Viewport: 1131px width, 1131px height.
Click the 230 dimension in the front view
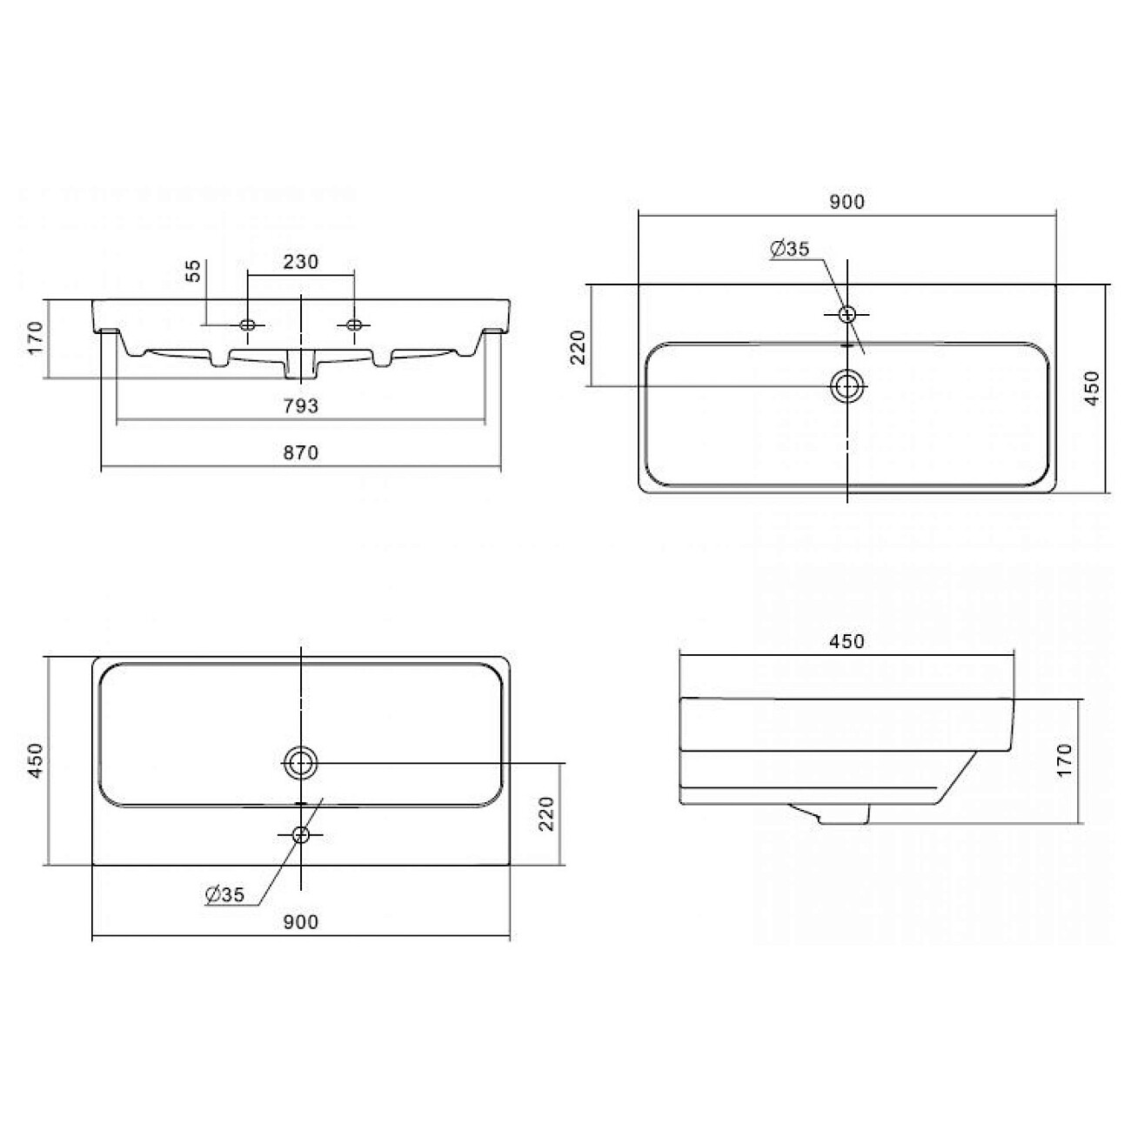(300, 262)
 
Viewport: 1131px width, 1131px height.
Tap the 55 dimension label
(194, 271)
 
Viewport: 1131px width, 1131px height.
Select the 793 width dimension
(301, 405)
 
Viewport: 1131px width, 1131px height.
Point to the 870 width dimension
(301, 452)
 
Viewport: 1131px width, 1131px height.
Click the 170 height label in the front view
(35, 338)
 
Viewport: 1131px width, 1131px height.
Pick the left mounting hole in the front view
(247, 325)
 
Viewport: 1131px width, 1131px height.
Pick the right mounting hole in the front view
(354, 325)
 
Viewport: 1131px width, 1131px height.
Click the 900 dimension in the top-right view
(847, 202)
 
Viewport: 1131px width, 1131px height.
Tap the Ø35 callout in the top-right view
(790, 249)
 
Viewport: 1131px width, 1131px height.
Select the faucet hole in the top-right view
(847, 314)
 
